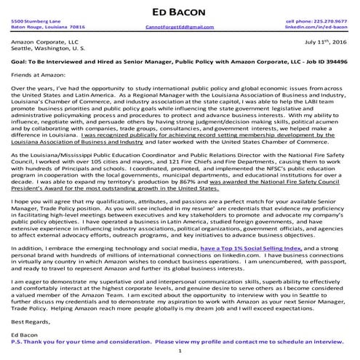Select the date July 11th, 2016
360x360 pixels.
pyautogui.click(x=325, y=43)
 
